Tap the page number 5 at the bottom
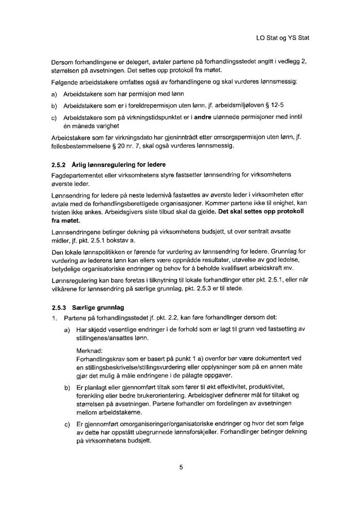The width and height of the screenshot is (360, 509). point(181,467)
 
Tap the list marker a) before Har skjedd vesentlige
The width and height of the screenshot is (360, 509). point(67,329)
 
